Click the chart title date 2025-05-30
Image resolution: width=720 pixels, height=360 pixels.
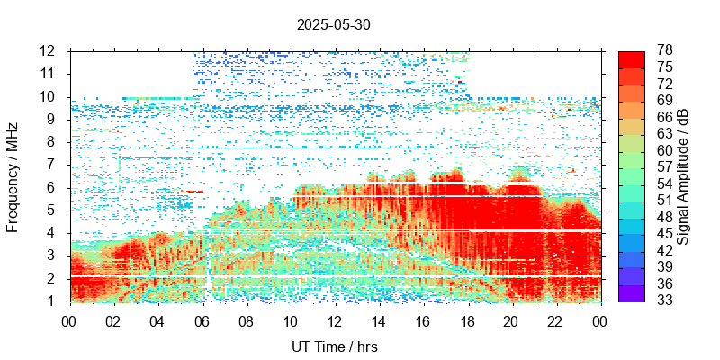(x=333, y=25)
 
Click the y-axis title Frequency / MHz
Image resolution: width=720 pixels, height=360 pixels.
(x=13, y=175)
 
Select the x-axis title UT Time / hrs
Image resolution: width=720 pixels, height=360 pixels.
(x=334, y=346)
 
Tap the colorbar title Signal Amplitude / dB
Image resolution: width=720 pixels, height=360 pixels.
(x=684, y=175)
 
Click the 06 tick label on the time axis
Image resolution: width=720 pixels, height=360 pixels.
(x=202, y=319)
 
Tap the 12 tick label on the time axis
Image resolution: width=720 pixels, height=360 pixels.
(x=334, y=319)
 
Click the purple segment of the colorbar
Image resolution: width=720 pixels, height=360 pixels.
(x=632, y=292)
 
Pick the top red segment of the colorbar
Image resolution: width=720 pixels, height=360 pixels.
(x=632, y=58)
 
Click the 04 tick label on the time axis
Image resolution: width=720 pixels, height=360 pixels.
(x=157, y=319)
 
